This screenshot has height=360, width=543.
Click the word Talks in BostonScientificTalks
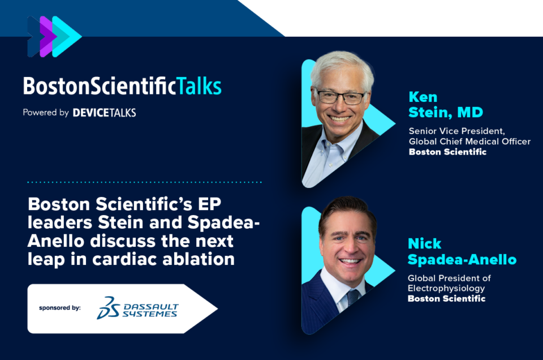[x=199, y=86]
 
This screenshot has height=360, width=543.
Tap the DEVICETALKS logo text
[x=104, y=113]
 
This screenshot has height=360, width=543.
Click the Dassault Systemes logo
[x=137, y=308]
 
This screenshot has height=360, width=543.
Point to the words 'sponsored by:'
[x=60, y=308]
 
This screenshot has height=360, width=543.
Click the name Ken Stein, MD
[x=446, y=105]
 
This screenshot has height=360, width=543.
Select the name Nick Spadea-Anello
[x=462, y=251]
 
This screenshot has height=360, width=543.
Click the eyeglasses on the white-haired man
[x=340, y=97]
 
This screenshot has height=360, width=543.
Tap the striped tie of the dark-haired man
[x=353, y=297]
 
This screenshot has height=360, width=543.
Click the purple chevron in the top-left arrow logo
[x=48, y=36]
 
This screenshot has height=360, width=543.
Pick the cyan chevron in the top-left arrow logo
[x=67, y=36]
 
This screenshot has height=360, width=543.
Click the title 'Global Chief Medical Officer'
[x=469, y=142]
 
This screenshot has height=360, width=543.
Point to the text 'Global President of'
[x=449, y=278]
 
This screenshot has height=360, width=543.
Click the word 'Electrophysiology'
[x=446, y=288]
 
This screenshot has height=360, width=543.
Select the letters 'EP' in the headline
[x=209, y=204]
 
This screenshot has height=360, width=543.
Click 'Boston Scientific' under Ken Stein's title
[x=447, y=152]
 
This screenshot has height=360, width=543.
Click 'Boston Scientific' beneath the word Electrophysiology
[x=446, y=299]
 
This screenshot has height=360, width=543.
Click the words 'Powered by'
[x=46, y=113]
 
